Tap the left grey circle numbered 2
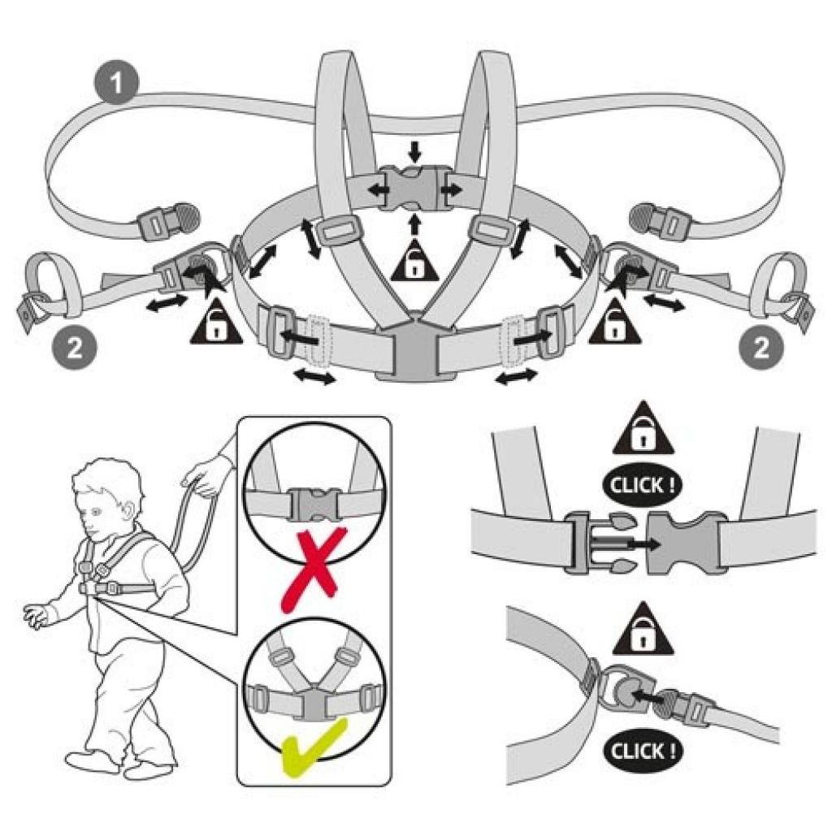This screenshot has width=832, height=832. click(71, 348)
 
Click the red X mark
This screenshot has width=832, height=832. click(311, 569)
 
